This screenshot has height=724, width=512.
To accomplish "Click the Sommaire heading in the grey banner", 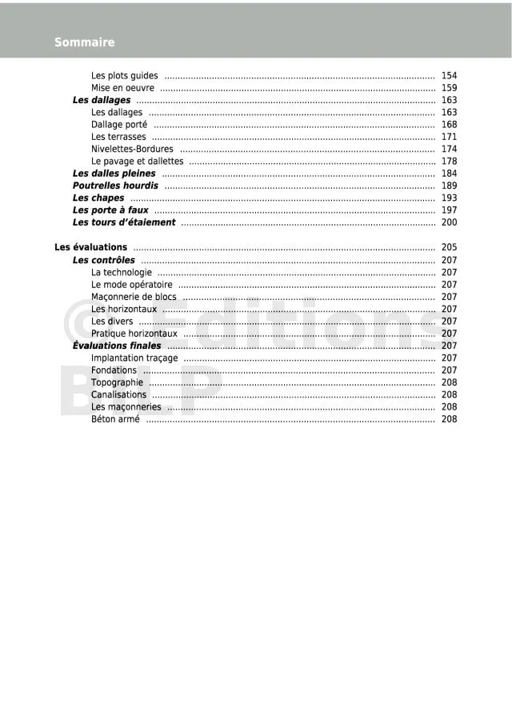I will (84, 42).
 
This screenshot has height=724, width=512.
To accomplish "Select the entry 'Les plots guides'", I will (124, 76).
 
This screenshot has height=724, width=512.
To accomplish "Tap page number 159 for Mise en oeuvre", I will (449, 88).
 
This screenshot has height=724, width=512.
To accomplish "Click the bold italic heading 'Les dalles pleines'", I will (114, 174).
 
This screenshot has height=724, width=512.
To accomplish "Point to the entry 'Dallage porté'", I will (119, 125).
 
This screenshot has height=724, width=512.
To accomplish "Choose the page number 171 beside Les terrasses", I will (449, 137).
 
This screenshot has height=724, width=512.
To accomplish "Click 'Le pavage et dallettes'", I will (137, 162).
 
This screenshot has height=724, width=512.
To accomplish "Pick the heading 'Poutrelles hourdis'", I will (115, 186).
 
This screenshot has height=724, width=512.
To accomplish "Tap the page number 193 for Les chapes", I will (449, 198).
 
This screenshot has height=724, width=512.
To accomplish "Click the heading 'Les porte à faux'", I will (110, 210).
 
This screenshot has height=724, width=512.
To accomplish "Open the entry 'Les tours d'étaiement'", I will (123, 222).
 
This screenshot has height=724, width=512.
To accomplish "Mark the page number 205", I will (449, 247).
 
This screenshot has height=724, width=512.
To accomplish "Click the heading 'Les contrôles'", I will (103, 260).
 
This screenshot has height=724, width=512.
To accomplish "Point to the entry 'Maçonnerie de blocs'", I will (134, 297).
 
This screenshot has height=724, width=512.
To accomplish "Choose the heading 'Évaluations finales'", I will (116, 346).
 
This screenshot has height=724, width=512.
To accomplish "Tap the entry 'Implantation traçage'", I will (134, 358).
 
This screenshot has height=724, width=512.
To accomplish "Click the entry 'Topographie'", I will (117, 382).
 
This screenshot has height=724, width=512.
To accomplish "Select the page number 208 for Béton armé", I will (449, 419).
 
